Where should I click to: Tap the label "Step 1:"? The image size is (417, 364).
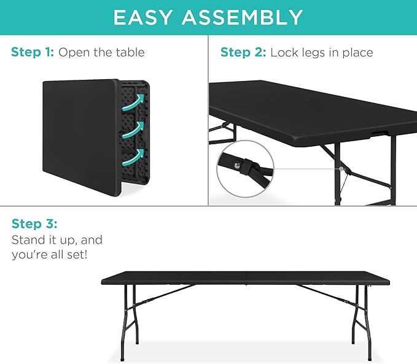(33, 52)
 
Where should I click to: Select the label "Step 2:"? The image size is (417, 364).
(243, 52)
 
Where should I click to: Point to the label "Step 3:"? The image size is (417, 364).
(34, 223)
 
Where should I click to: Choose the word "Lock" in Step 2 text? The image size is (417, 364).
(284, 52)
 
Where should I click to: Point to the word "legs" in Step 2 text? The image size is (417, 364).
(312, 52)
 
